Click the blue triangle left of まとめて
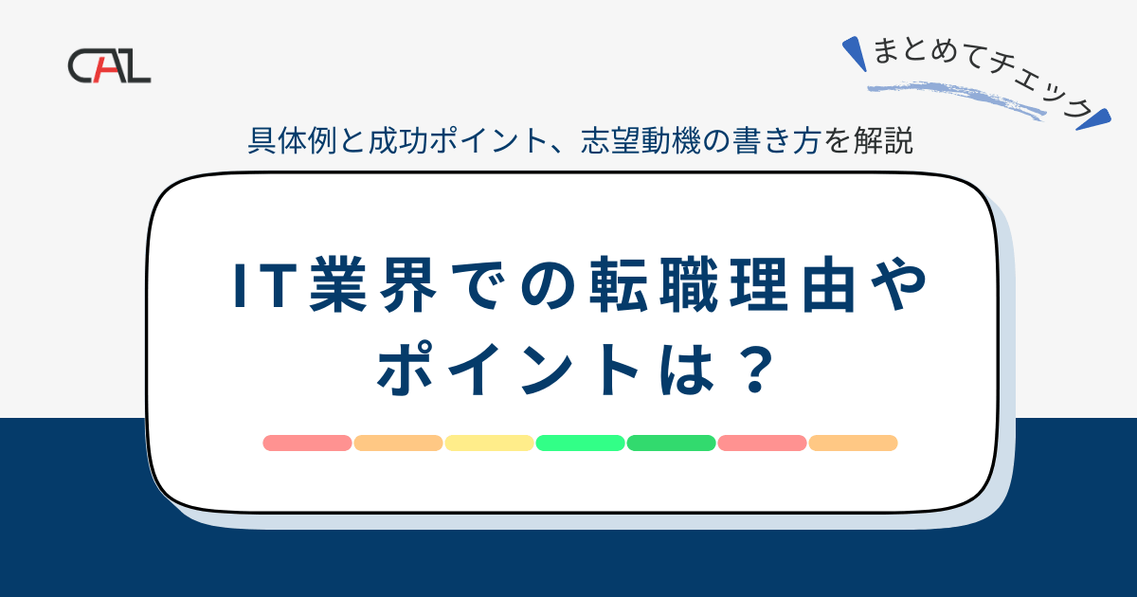pos(856,53)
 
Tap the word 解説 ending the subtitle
pos(890,141)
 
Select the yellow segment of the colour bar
pos(489,443)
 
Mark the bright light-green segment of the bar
pos(580,443)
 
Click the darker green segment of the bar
pos(671,443)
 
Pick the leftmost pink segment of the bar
pos(307,443)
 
